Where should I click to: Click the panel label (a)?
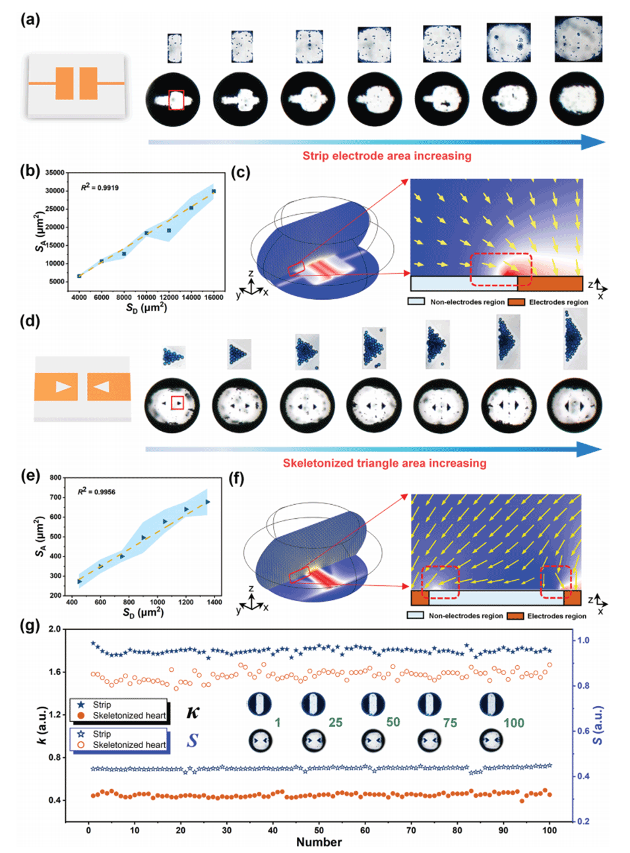30,20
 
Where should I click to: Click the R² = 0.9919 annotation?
100,188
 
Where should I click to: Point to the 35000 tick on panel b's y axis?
54,173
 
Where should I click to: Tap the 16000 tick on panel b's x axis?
214,298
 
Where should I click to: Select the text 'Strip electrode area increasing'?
387,156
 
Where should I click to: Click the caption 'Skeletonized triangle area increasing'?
385,463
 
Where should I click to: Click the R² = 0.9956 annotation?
96,492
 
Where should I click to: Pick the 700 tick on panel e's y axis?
55,498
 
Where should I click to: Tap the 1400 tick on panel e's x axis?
214,602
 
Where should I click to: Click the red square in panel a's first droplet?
176,100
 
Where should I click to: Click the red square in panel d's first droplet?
177,403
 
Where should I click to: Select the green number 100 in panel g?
513,723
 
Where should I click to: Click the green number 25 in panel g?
335,722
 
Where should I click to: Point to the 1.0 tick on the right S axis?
583,640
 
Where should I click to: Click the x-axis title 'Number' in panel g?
319,842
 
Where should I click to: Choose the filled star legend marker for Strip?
81,705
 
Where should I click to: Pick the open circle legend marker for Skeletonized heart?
81,745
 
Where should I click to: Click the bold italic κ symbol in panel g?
193,712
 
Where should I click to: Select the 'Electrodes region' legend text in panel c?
558,302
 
